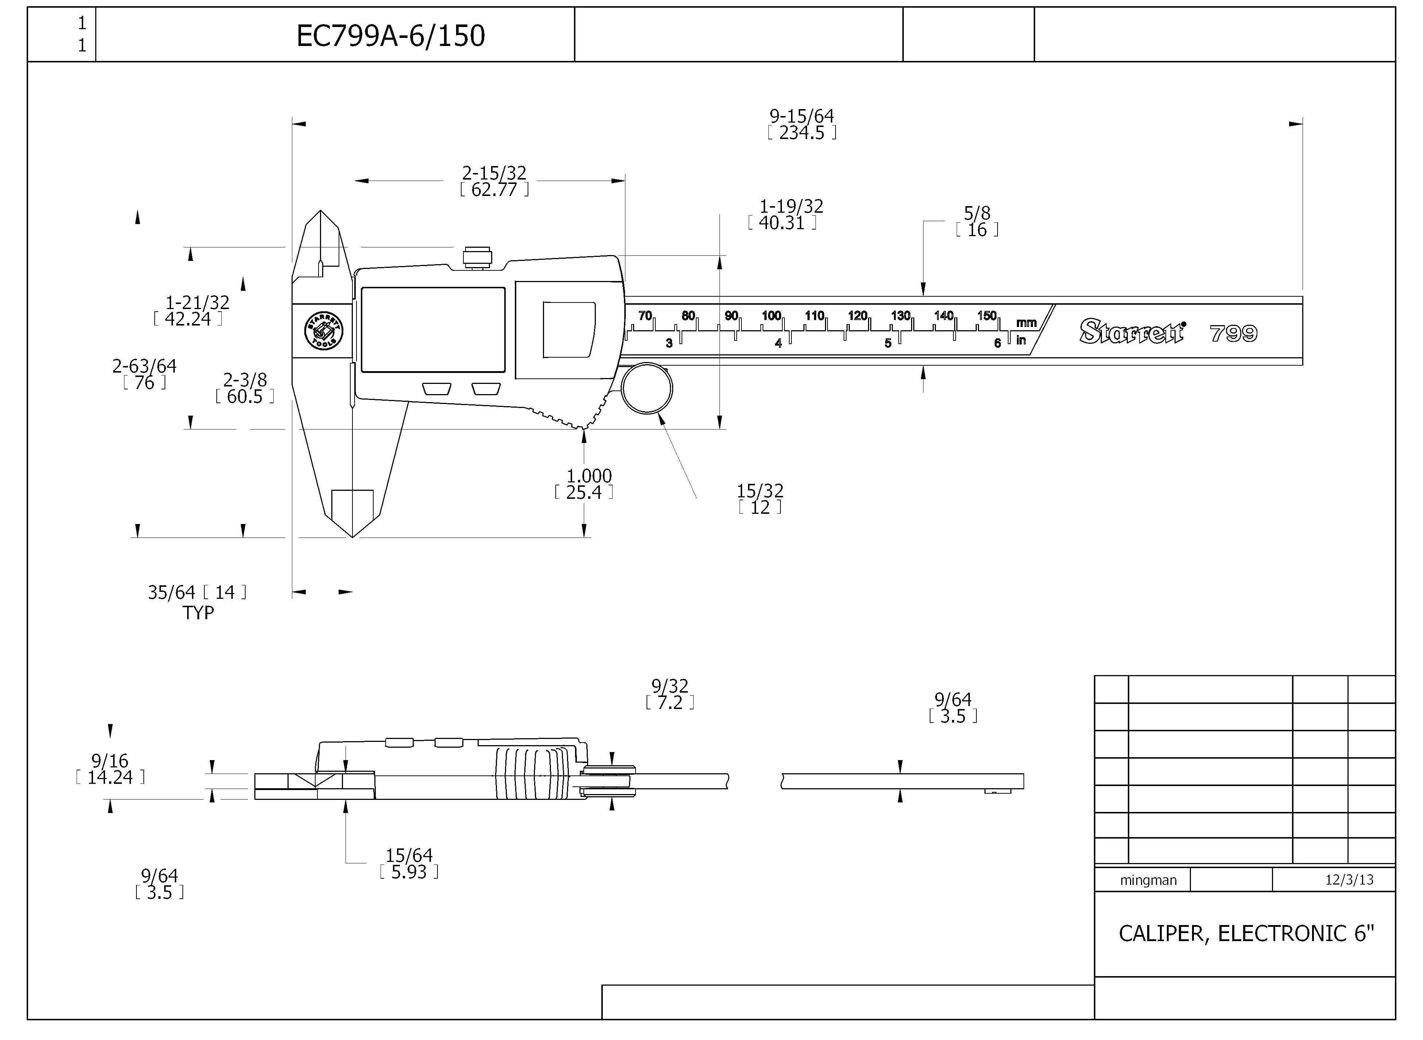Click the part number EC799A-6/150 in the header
point(390,36)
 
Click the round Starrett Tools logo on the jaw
point(324,331)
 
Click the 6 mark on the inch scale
point(997,343)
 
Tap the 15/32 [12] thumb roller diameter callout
point(760,498)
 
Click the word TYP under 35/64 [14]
point(198,613)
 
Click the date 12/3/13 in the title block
point(1349,879)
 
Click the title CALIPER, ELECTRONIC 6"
point(1246,933)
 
